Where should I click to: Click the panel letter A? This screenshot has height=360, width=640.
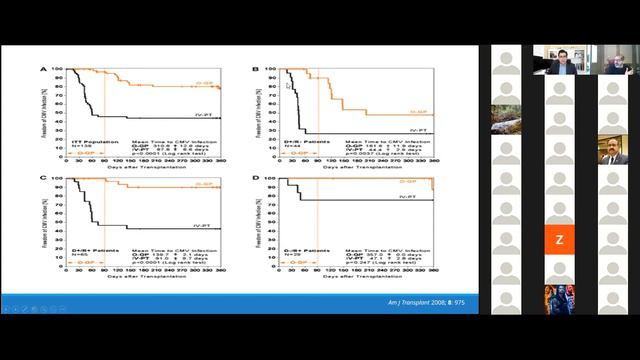click(x=43, y=70)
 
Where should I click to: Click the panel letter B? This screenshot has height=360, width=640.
click(x=256, y=70)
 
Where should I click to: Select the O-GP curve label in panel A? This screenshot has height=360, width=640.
click(x=206, y=82)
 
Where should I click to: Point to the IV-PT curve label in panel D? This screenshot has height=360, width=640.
click(x=407, y=197)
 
